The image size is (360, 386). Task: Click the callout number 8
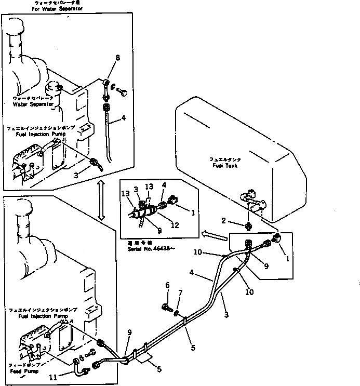pos(117,58)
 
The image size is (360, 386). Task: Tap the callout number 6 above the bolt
pos(168,285)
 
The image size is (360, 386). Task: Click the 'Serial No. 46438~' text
pos(150,248)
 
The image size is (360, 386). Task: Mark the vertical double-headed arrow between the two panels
pos(102,208)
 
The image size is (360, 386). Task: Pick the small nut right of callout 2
pos(249,226)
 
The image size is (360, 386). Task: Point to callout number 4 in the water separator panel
pos(124,117)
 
